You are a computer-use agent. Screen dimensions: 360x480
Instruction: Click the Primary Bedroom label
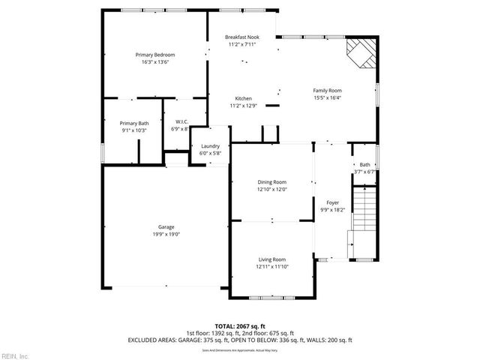click(x=154, y=55)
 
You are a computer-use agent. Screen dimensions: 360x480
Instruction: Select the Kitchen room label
click(x=243, y=98)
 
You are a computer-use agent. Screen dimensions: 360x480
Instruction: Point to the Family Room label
click(x=327, y=90)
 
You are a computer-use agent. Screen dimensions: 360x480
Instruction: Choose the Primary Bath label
click(x=133, y=123)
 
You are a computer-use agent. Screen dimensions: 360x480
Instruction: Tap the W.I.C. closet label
click(x=181, y=121)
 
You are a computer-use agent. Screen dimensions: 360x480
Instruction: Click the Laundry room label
click(x=209, y=146)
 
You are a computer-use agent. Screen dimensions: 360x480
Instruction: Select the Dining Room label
click(x=271, y=181)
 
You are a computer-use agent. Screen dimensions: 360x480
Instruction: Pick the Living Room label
click(x=271, y=259)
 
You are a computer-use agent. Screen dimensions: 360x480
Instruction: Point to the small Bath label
click(x=364, y=165)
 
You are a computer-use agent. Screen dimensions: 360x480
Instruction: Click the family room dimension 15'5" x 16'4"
click(x=327, y=97)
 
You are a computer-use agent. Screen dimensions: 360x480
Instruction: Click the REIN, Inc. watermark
click(x=16, y=355)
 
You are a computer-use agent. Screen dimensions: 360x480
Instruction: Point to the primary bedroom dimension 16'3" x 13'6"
click(x=154, y=62)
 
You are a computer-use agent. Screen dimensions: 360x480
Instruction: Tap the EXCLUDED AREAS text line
click(x=239, y=340)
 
